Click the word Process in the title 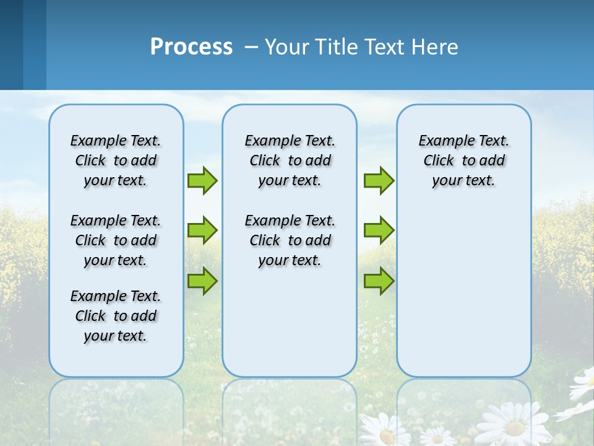[x=191, y=47]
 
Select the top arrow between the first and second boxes [x=202, y=180]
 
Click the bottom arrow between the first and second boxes [x=202, y=281]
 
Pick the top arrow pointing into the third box [x=379, y=180]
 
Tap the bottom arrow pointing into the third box [x=379, y=281]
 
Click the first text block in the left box [x=116, y=160]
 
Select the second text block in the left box [x=116, y=240]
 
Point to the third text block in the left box [x=116, y=316]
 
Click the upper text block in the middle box [x=290, y=160]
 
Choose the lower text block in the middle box [x=290, y=240]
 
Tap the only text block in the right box [x=463, y=160]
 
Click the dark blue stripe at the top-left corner [x=11, y=43]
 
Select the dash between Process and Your [x=251, y=47]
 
